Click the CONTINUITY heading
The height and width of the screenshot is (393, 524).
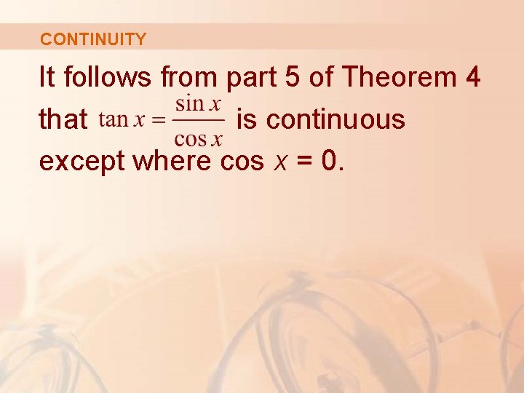(93, 39)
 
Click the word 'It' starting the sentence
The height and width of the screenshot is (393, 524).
(48, 77)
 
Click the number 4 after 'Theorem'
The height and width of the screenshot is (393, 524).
(472, 77)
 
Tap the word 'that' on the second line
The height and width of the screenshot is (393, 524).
(63, 119)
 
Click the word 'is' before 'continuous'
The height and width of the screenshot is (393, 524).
(247, 119)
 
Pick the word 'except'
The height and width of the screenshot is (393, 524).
(82, 162)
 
